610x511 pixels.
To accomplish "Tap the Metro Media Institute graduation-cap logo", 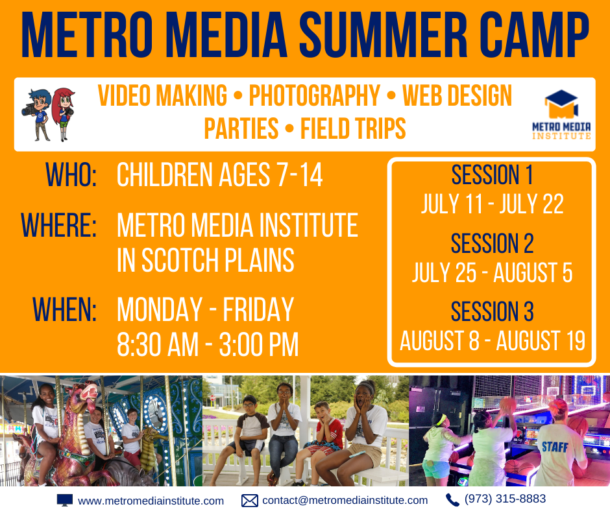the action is point(561,115).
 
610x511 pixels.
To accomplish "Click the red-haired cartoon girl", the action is point(64,114).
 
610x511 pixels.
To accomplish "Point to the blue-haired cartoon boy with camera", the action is point(38,115).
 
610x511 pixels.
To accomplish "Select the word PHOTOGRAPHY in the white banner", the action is point(314,95).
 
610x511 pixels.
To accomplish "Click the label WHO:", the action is point(71,175).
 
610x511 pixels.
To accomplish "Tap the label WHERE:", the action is point(59,225).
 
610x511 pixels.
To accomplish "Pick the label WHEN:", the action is point(65,309).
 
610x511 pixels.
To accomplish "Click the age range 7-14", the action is point(299,175).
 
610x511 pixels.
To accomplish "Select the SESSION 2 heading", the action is point(492,243).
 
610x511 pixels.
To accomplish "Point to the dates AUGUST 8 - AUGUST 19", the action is point(493,340).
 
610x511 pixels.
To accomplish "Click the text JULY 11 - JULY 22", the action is point(493,204).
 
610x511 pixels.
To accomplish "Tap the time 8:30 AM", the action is point(158,344).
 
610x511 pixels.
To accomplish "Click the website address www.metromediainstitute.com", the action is point(151,501).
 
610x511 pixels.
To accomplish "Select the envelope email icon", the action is point(250,501).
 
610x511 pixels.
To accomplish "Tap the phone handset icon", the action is point(452,500).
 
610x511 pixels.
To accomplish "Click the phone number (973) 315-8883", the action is point(505,499).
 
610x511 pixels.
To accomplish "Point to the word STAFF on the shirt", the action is point(555,447).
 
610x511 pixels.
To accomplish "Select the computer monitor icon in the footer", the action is point(65,500).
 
